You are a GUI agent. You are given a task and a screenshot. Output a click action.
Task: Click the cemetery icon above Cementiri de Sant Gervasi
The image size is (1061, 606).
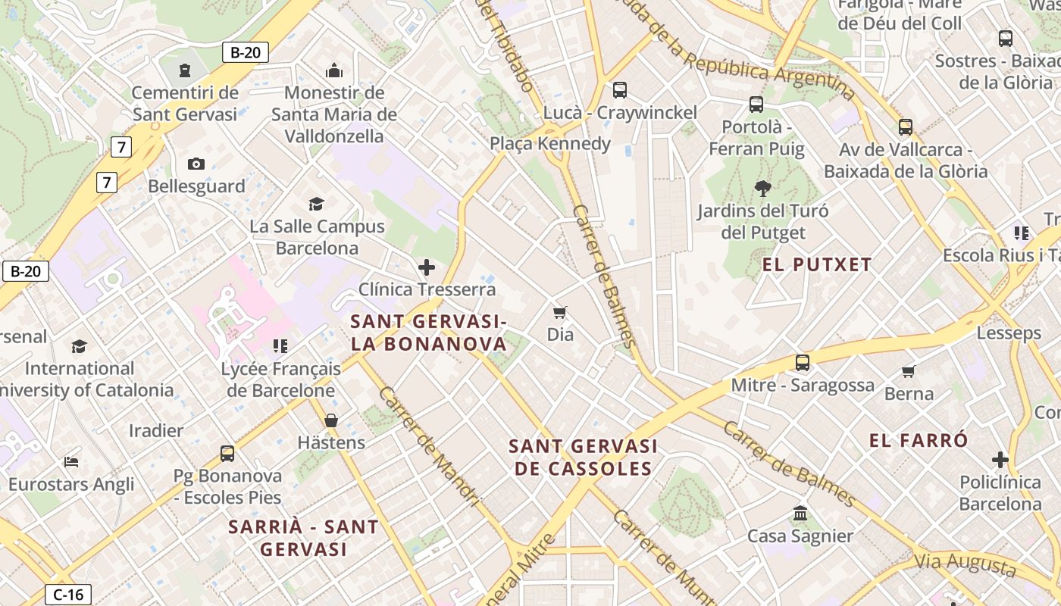tap(184, 70)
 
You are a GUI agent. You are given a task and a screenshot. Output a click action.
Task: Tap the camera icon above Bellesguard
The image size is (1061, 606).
tap(196, 164)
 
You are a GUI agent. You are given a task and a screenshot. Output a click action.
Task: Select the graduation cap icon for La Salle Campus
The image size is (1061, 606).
tap(317, 204)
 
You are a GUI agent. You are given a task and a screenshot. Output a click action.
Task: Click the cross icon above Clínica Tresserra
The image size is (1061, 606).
tap(427, 267)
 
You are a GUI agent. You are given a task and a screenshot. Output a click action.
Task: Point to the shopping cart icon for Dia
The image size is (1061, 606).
tap(560, 312)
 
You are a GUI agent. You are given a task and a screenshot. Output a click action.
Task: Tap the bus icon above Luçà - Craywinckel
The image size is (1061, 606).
tap(619, 90)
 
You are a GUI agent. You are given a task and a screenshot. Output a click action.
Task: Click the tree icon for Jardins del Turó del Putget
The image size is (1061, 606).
tap(762, 189)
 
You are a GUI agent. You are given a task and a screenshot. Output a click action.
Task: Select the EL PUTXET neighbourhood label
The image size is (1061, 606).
tap(817, 264)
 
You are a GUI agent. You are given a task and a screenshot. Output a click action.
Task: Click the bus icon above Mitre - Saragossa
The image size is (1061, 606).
tap(803, 363)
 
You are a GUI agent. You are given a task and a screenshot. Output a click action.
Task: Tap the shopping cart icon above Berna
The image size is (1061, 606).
tap(909, 371)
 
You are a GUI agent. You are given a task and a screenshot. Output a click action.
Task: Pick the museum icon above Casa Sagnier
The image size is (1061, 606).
tap(800, 514)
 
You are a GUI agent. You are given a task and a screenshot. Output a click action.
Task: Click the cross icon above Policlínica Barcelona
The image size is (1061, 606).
tap(1000, 460)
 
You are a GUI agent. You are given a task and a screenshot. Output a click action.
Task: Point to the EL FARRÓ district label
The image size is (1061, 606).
tap(919, 440)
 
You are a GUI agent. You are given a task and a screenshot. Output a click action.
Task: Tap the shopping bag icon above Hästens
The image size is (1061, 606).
tap(331, 420)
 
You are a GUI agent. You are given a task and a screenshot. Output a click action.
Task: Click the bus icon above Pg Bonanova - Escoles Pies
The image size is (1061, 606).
tap(227, 453)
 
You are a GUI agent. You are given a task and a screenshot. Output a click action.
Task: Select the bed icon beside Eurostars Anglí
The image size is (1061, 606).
tap(71, 461)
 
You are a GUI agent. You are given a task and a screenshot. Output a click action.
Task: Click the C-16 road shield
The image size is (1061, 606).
tap(68, 595)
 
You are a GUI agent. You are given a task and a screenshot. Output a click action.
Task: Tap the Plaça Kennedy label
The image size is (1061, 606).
tap(550, 144)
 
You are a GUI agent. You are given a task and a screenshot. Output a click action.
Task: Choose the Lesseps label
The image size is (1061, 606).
tap(1009, 333)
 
